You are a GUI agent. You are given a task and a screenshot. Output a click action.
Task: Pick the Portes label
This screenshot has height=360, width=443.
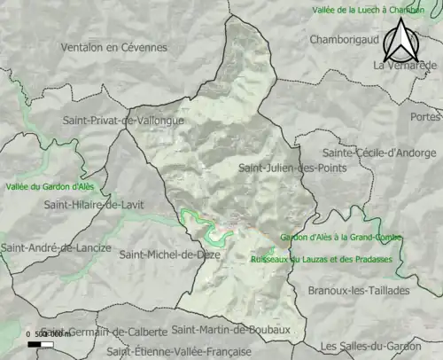[x=425, y=116]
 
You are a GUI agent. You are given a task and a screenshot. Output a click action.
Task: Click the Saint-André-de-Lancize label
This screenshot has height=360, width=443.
[x=56, y=248]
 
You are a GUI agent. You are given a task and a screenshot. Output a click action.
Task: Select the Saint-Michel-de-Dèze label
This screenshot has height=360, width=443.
[x=170, y=254]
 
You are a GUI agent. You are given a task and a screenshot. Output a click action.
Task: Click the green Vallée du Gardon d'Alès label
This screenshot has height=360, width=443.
[x=50, y=186]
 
